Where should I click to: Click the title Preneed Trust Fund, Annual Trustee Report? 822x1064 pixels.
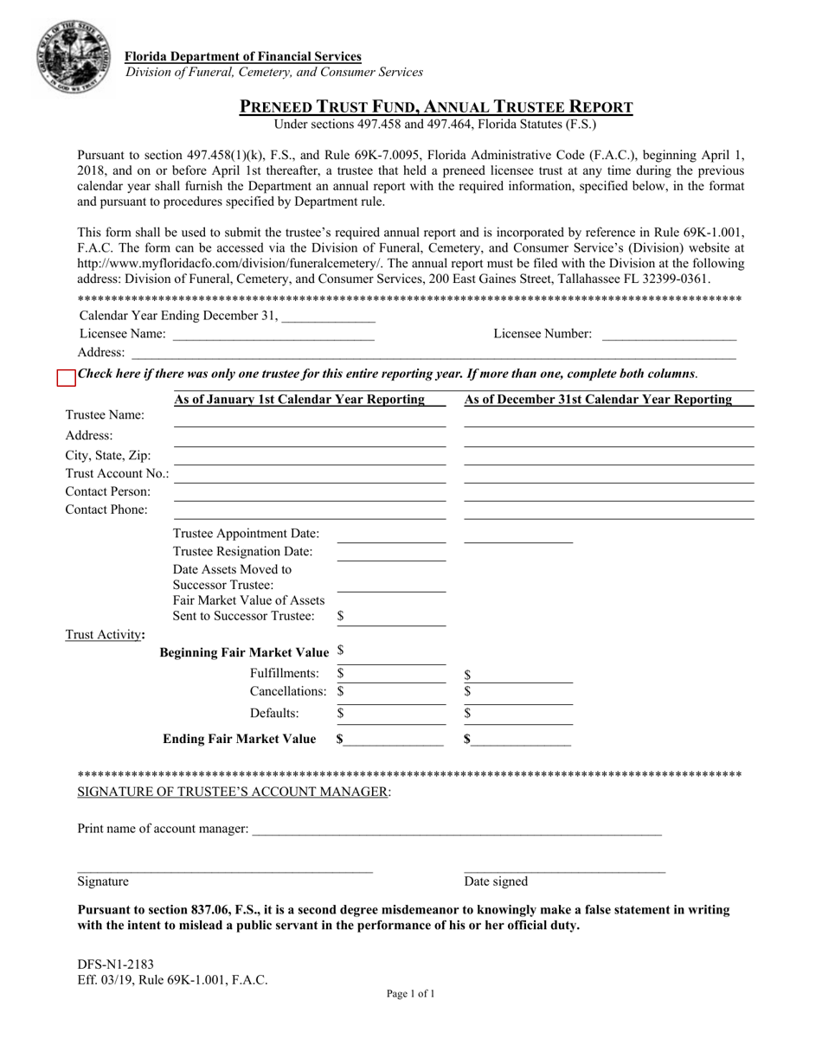[x=436, y=107]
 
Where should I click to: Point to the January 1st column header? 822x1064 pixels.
[x=299, y=400]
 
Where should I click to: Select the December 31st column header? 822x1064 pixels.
[x=598, y=400]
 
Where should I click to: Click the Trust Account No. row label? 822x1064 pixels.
[x=118, y=473]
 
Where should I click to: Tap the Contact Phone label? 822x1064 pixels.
[x=106, y=510]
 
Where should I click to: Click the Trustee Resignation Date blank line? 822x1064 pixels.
[x=390, y=553]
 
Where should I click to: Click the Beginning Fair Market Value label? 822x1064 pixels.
[x=245, y=651]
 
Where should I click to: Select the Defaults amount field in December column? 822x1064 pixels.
[x=523, y=715]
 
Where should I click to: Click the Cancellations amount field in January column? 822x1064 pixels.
[x=395, y=691]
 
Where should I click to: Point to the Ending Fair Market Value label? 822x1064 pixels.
[x=240, y=739]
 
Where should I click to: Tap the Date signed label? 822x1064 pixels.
[x=496, y=881]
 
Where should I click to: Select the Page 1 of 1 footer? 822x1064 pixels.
[x=410, y=994]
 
